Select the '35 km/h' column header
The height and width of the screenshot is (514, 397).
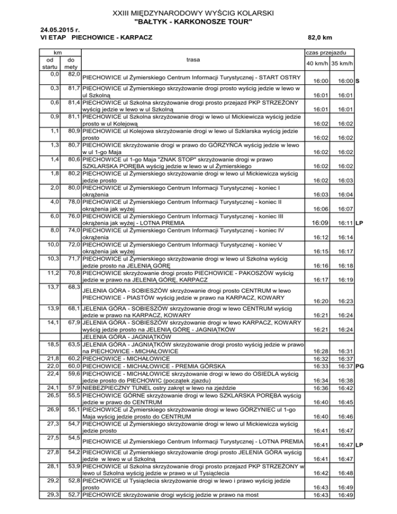tap(343, 64)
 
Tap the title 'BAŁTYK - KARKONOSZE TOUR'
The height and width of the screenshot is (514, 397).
tap(193, 22)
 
